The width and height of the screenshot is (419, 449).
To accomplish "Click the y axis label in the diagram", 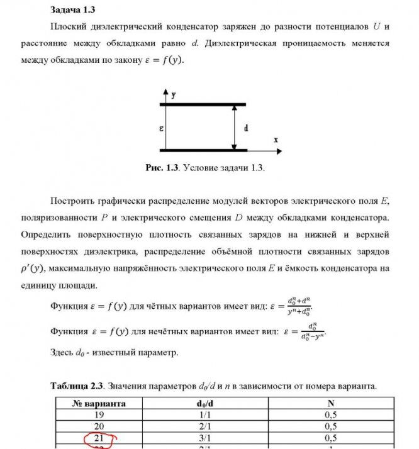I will click(x=173, y=94).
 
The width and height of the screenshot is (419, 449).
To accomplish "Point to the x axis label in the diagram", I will click(x=276, y=140).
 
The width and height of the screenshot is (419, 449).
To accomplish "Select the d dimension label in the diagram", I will click(x=245, y=128).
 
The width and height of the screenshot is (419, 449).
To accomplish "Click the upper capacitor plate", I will click(x=203, y=104).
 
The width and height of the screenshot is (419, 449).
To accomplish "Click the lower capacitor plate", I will click(x=203, y=150).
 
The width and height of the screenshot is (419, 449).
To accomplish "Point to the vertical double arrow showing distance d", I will click(x=233, y=128).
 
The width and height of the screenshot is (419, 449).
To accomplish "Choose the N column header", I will click(x=330, y=403).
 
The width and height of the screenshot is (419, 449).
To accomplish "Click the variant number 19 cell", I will click(x=99, y=414).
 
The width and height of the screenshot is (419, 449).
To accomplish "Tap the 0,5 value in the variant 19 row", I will click(x=330, y=414).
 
